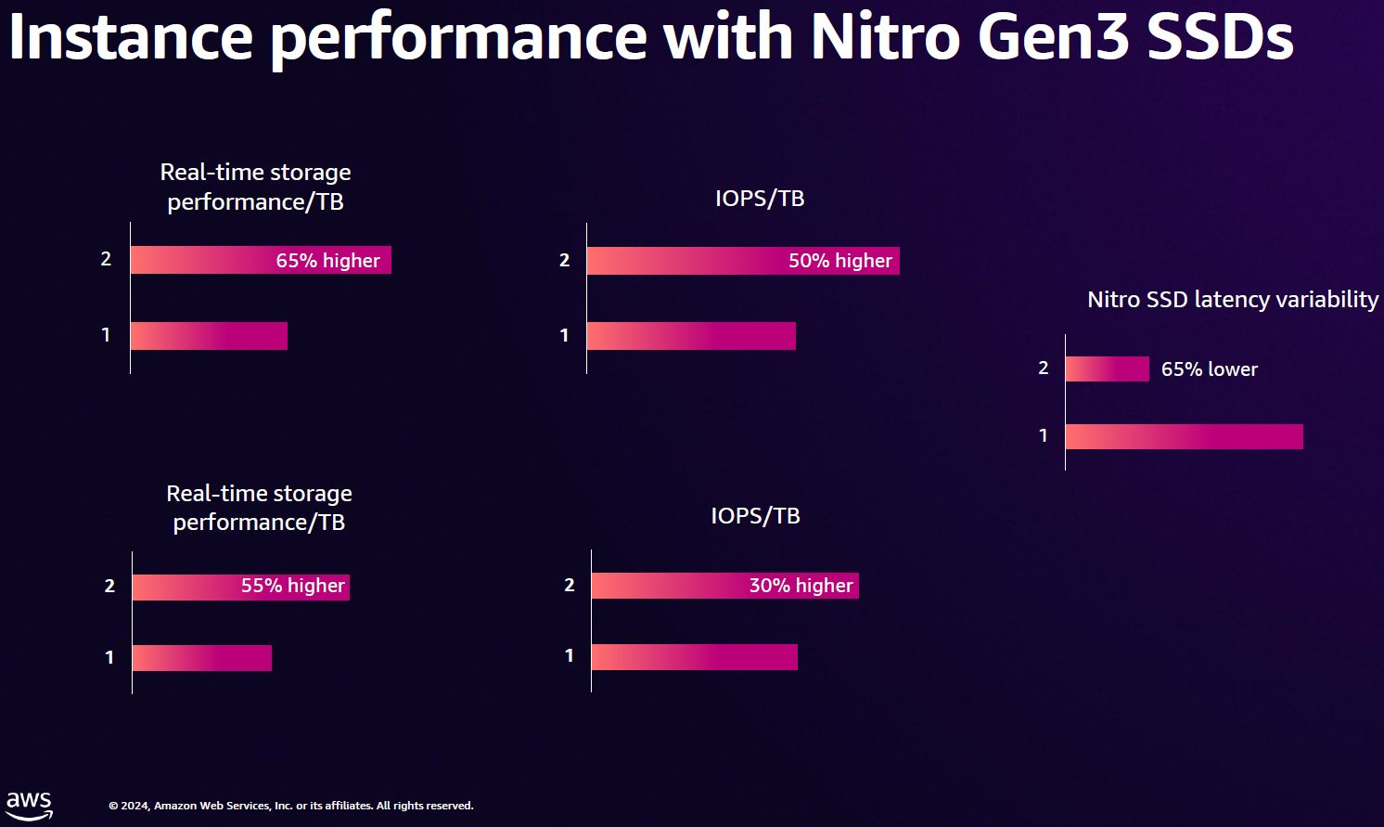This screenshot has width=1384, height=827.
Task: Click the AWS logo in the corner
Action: click(29, 805)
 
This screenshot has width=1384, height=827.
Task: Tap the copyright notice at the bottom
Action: click(290, 806)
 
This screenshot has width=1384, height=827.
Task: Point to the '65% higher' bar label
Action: click(327, 261)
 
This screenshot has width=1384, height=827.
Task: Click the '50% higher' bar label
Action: click(839, 261)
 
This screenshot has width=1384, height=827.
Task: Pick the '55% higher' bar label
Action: click(292, 586)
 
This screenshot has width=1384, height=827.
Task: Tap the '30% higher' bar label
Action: click(801, 586)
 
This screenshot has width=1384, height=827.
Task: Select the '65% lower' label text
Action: click(1209, 369)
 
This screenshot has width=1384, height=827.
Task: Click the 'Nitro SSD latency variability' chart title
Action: click(1232, 300)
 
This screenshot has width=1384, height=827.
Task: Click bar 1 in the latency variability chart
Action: click(1184, 436)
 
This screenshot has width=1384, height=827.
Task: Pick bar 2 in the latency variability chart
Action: click(1107, 369)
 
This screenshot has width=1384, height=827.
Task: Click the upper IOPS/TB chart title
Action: click(759, 199)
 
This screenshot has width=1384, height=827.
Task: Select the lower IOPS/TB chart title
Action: click(755, 516)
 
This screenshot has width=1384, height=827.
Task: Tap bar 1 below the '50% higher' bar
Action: click(691, 336)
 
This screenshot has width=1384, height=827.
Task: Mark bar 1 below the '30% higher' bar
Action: click(694, 657)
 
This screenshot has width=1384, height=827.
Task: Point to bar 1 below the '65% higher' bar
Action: click(209, 336)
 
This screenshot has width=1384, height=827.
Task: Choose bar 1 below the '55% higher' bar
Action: click(201, 658)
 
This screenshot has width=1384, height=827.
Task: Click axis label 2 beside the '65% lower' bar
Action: click(1044, 368)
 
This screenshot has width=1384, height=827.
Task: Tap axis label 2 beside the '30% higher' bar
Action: click(570, 585)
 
